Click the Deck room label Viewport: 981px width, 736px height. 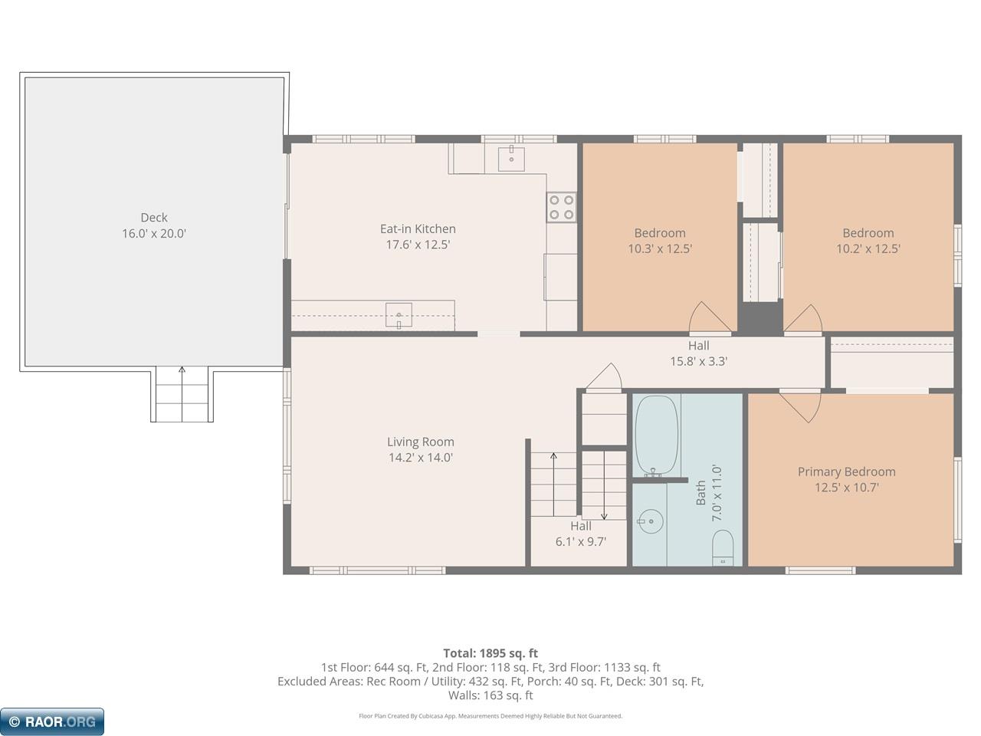click(x=154, y=218)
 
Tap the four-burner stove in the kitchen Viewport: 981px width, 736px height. click(x=561, y=207)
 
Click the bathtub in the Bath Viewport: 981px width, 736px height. click(x=656, y=435)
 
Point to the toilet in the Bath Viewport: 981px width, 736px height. click(x=722, y=548)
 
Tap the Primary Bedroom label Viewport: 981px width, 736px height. click(x=846, y=472)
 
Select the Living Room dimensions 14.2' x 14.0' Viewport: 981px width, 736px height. click(x=421, y=458)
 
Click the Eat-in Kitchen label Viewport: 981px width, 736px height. click(x=418, y=228)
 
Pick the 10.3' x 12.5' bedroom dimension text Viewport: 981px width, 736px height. click(x=660, y=249)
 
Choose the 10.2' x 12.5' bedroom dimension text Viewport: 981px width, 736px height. click(x=868, y=249)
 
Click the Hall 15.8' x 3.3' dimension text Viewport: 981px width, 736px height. click(x=698, y=361)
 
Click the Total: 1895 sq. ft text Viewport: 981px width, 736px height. click(x=490, y=653)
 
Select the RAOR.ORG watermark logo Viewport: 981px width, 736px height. click(x=52, y=721)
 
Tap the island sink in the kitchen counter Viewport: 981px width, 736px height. click(x=399, y=315)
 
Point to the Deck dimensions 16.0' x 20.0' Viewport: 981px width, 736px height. click(x=154, y=234)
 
